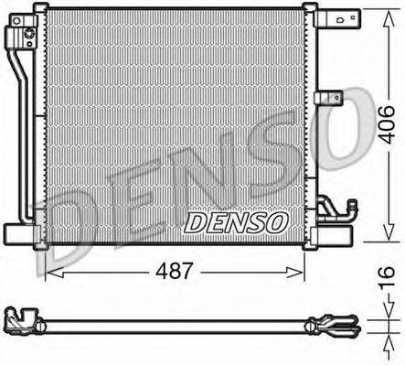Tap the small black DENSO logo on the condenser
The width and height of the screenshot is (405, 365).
coord(237,222)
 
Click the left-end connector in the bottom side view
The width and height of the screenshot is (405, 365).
coord(24,322)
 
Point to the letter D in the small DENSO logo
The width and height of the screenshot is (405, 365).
coord(196,222)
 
